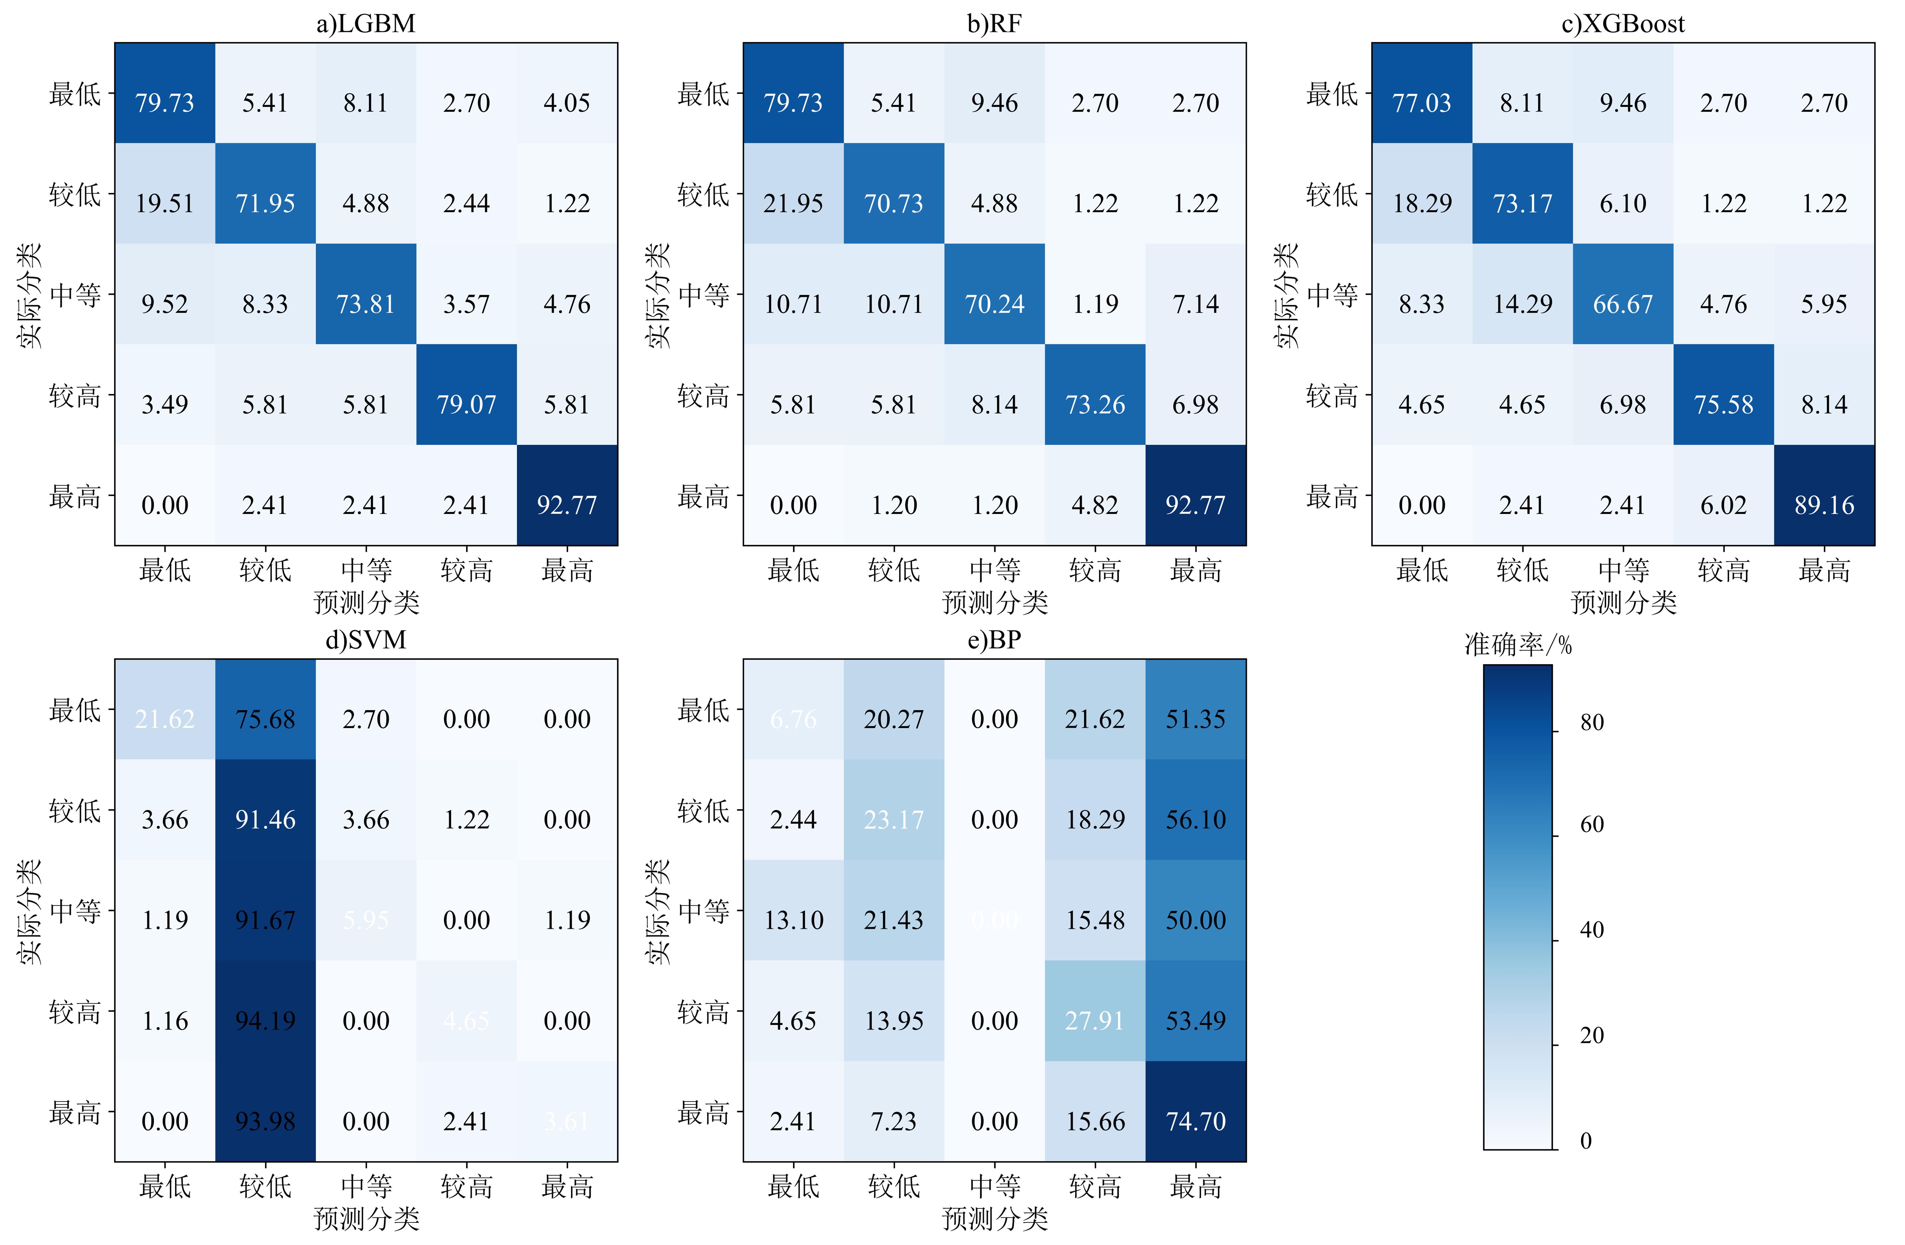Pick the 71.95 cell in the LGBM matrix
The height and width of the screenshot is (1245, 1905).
[265, 203]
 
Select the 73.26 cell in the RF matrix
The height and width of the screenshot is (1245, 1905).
[1095, 404]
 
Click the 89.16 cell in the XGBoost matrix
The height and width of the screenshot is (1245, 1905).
[1824, 505]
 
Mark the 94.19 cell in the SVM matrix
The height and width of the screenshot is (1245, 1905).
[265, 1020]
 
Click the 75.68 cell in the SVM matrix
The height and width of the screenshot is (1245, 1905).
[265, 718]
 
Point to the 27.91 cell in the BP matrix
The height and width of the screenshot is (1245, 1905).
[1095, 1020]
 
